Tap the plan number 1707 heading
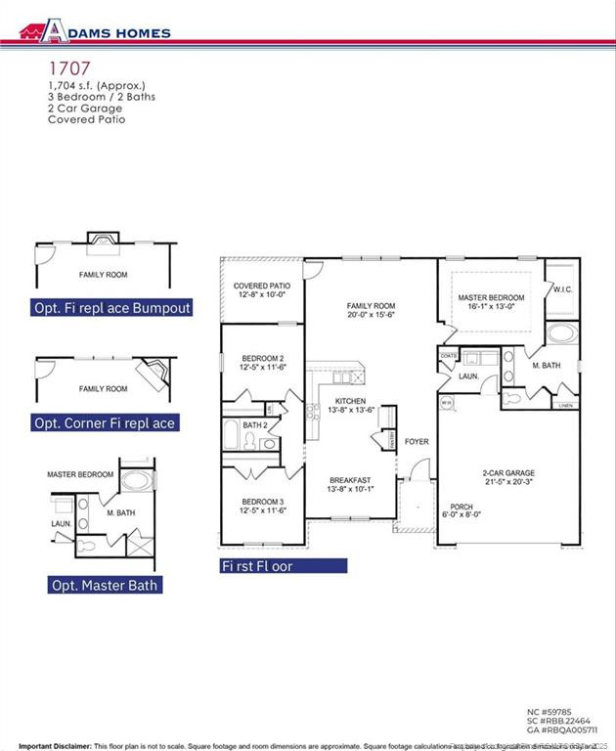coord(69,68)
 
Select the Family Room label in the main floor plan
coord(371,305)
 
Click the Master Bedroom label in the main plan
coord(491,297)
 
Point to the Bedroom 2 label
coord(263,358)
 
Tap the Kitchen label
coord(350,401)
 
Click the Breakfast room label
coord(349,480)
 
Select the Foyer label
coord(417,442)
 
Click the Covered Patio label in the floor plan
coord(261,286)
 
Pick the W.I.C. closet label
coord(561,288)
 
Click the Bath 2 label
coord(254,425)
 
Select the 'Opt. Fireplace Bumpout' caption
coord(111,308)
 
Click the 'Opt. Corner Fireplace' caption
coord(105,423)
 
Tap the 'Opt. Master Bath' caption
coord(105,585)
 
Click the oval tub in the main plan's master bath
coord(561,332)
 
